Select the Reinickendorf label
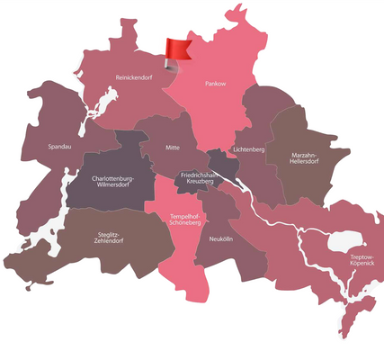tap(136, 78)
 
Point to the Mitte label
tap(174, 147)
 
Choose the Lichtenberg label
tap(248, 148)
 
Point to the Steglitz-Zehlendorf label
tap(112, 238)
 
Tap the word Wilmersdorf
tap(113, 186)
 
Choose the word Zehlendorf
tap(112, 243)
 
